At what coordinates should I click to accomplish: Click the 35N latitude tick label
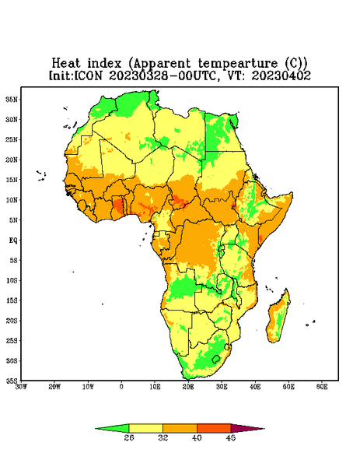coord(12,99)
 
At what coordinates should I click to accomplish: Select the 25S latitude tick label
coord(12,340)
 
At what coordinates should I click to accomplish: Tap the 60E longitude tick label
coord(322,387)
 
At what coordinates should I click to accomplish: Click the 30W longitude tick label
coord(21,387)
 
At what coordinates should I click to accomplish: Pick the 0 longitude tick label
coord(121,387)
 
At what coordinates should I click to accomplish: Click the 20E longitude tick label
coord(188,387)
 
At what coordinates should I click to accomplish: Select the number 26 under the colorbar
coord(129,437)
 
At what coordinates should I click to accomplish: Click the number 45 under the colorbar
coord(231,437)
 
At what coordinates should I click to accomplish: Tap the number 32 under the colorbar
coord(163,437)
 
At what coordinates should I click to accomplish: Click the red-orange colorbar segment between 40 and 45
coord(214,428)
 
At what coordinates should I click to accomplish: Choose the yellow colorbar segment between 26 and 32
coord(145,428)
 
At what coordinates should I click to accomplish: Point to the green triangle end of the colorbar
coord(113,428)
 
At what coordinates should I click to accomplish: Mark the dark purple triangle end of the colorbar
coord(246,428)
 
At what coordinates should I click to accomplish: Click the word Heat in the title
coord(66,63)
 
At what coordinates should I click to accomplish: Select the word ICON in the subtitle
coord(88,75)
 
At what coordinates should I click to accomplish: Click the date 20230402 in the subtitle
coord(281,75)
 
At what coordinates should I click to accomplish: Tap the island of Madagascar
coord(278,318)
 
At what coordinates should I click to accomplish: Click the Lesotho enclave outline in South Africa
coord(216,359)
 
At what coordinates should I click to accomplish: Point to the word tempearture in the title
coord(238,64)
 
